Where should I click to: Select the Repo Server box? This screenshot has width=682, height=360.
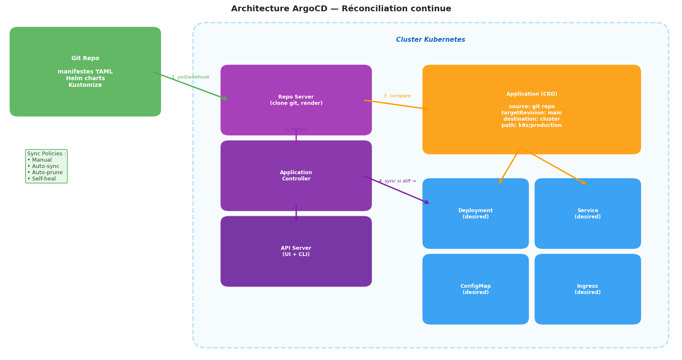[296, 100]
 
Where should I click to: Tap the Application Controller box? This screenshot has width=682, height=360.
[296, 176]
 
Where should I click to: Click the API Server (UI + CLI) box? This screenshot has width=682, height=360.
[296, 251]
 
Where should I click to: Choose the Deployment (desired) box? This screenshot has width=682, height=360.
[476, 214]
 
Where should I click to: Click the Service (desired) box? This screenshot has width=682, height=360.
[588, 214]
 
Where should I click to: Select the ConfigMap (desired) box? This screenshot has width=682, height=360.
[476, 289]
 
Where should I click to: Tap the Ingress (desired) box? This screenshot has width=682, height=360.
[588, 289]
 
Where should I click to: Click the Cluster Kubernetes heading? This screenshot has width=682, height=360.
[430, 40]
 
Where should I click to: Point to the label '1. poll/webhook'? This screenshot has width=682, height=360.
[191, 77]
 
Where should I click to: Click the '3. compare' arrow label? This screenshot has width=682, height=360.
[397, 96]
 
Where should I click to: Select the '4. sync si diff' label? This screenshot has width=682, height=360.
[397, 181]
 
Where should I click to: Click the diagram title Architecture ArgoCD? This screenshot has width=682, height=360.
[341, 9]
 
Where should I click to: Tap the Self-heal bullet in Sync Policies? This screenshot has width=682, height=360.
[41, 179]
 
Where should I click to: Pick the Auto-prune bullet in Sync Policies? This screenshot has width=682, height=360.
[45, 172]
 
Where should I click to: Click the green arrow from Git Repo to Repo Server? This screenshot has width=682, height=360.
[190, 86]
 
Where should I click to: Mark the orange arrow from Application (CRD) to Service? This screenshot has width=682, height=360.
[553, 166]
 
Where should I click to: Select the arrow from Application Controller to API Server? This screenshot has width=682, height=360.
[296, 213]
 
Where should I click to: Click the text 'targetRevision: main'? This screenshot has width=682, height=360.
[532, 113]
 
